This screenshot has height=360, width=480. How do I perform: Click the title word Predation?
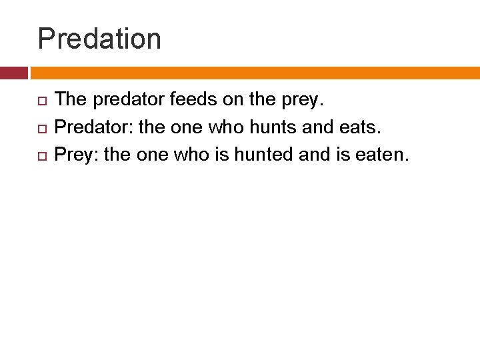pos(99,39)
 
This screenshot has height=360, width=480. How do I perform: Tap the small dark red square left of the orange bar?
pos(13,73)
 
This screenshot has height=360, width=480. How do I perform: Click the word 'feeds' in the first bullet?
pos(191,100)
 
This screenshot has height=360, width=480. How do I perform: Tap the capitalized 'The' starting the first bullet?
pos(71,100)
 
